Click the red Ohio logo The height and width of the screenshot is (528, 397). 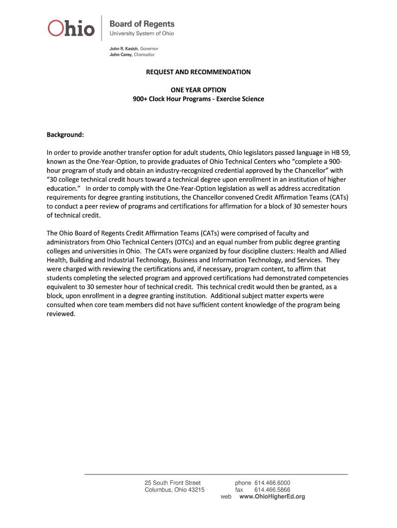71,28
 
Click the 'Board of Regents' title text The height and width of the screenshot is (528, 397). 142,24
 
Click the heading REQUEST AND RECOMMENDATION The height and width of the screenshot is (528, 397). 198,72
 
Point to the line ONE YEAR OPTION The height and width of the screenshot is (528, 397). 198,90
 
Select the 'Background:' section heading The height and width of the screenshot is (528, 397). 65,135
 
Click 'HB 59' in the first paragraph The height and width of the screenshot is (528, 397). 341,153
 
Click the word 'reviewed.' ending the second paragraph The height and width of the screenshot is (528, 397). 61,314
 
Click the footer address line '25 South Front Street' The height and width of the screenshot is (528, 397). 173,483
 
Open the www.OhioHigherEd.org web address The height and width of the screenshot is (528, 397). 272,497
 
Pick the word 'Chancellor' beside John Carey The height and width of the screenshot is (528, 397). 144,54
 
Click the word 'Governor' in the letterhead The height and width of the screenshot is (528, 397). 153,48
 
